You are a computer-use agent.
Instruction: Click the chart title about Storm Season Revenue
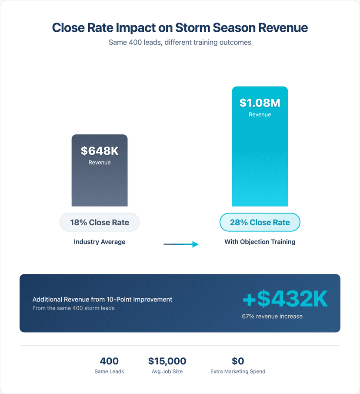(180, 28)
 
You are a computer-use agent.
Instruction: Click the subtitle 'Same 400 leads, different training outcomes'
(180, 43)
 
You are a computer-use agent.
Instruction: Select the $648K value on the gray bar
(100, 151)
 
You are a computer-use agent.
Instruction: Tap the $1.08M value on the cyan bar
(260, 103)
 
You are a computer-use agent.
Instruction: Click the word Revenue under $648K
(100, 162)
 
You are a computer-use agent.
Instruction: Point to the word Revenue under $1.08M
(260, 114)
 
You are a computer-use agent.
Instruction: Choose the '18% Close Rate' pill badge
(100, 222)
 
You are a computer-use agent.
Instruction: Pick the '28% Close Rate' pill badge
(260, 222)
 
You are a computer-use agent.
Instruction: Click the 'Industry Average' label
(100, 242)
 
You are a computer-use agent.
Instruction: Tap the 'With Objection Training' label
(260, 242)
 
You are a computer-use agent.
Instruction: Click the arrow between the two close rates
(181, 244)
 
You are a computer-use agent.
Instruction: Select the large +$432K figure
(285, 299)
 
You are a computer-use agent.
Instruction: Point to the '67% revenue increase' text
(272, 316)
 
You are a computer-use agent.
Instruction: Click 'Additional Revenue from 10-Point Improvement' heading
(102, 299)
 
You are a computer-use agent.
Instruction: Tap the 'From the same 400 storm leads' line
(73, 308)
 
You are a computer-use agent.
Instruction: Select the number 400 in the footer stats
(109, 361)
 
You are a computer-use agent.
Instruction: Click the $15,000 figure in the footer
(167, 361)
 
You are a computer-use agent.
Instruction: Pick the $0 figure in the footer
(238, 361)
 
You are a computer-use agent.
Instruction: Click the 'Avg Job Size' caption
(167, 371)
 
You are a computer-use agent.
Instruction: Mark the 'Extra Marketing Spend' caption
(238, 371)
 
